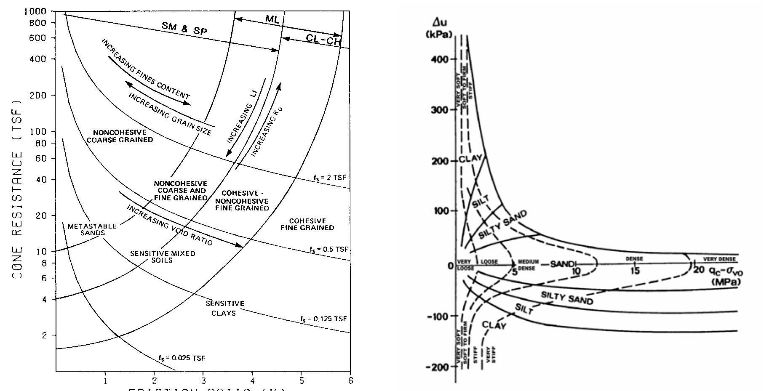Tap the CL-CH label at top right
(x=323, y=40)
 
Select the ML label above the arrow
(x=272, y=19)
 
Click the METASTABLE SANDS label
(x=92, y=229)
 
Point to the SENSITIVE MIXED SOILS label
(x=163, y=257)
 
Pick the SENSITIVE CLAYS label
(x=224, y=308)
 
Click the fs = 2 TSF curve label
(x=329, y=178)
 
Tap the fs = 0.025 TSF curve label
(x=182, y=358)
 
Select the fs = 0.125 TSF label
(x=323, y=319)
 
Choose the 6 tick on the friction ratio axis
(x=350, y=381)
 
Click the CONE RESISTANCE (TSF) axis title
(x=17, y=189)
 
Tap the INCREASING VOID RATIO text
(x=170, y=225)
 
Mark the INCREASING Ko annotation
(x=267, y=132)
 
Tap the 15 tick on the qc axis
(x=635, y=271)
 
